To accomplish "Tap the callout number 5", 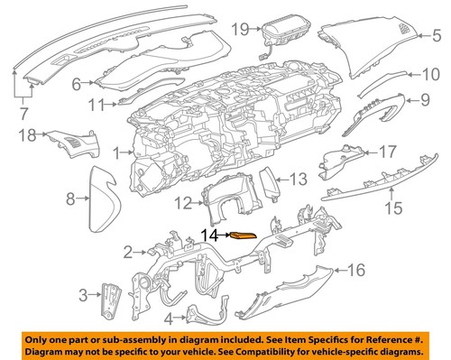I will coord(437,35).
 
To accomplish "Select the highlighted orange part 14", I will coord(244,236).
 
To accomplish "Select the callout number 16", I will coord(356,268).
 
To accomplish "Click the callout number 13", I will coord(299,178).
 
